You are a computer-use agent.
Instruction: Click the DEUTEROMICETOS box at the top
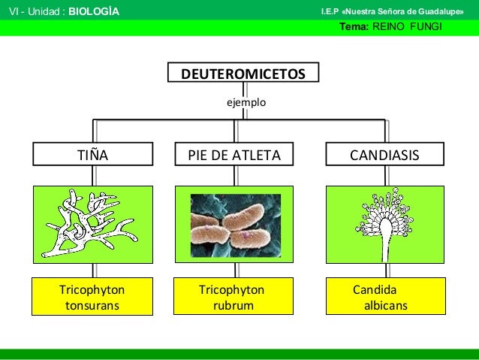pyautogui.click(x=244, y=74)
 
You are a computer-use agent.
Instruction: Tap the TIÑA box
pyautogui.click(x=94, y=156)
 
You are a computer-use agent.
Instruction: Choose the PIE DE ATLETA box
pyautogui.click(x=234, y=156)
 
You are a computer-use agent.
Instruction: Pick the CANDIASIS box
pyautogui.click(x=385, y=156)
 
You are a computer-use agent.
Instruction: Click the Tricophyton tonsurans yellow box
pyautogui.click(x=92, y=297)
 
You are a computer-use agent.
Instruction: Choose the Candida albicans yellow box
pyautogui.click(x=385, y=297)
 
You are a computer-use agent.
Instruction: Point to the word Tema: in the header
pyautogui.click(x=354, y=26)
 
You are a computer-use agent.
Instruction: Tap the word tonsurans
pyautogui.click(x=92, y=305)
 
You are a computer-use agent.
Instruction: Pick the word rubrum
pyautogui.click(x=233, y=305)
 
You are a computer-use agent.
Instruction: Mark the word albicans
pyautogui.click(x=385, y=305)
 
